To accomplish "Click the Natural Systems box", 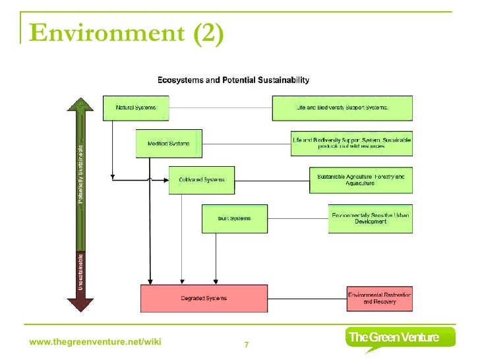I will click(136, 107).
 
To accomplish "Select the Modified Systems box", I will click(169, 144).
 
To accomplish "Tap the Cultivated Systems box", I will click(202, 180).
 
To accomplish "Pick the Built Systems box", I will click(235, 218).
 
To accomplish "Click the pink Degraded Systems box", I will click(204, 298).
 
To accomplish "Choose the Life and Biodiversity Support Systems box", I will click(342, 107).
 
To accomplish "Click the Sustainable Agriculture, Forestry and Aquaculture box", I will click(361, 180).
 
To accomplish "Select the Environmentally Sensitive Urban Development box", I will click(370, 218).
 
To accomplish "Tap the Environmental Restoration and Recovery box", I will click(379, 298).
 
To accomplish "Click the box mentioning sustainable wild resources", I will click(351, 144).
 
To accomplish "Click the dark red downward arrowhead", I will click(80, 304).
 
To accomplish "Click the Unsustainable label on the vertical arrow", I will click(80, 272).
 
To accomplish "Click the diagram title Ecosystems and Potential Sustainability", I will click(233, 80).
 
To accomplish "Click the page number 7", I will click(247, 345).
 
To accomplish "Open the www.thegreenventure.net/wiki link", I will click(96, 342).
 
